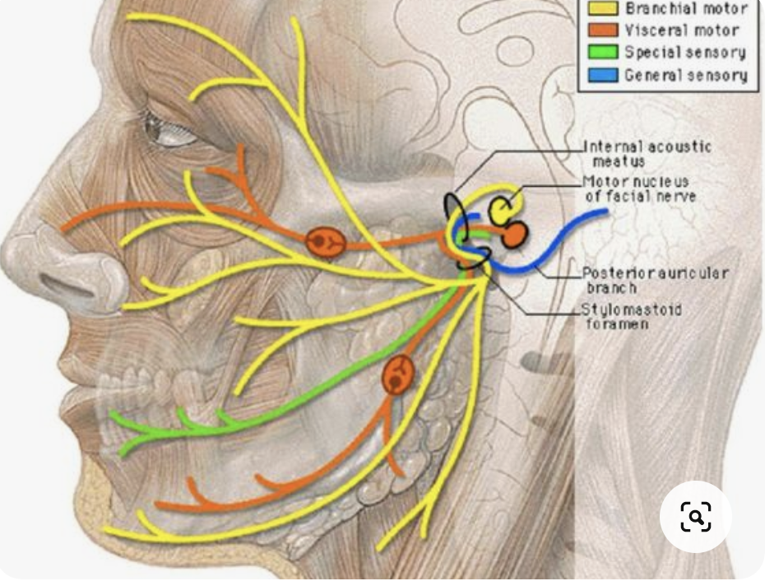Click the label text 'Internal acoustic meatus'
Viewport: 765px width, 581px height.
647,154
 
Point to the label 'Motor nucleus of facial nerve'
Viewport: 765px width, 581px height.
640,188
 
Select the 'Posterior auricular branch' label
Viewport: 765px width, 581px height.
655,281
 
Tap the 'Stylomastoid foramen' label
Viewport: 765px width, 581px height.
633,317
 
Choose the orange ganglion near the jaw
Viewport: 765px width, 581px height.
397,376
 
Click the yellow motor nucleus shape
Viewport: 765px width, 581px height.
503,207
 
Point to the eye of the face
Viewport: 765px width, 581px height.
169,130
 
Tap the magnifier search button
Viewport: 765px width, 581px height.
696,517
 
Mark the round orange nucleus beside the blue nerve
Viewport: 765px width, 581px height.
514,235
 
